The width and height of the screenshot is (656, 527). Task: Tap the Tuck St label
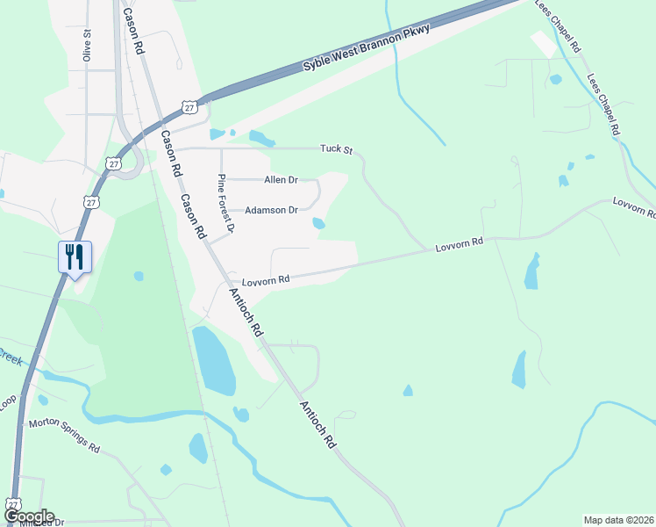(x=335, y=149)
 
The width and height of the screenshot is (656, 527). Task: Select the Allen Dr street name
(x=281, y=180)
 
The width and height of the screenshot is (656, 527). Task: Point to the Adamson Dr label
(x=272, y=210)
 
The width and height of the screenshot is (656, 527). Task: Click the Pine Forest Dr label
(x=226, y=203)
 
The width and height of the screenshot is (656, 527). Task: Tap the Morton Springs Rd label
(x=64, y=435)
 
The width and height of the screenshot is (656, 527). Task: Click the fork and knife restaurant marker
(x=75, y=257)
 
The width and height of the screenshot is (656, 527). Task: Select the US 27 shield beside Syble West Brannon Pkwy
(x=189, y=107)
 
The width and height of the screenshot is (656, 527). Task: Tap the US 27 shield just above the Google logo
(x=12, y=503)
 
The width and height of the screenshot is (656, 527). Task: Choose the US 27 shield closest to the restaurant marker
(x=90, y=202)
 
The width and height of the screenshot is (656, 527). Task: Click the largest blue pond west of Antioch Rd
(x=213, y=360)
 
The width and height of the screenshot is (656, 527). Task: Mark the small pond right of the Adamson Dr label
(x=318, y=224)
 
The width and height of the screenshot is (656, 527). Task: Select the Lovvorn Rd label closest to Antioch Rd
(x=267, y=280)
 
